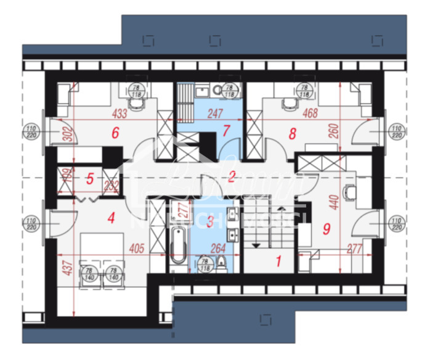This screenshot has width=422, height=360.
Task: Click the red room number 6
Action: pos(114,132)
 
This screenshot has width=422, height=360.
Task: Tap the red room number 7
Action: pos(225,131)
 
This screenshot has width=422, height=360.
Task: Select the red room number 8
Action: pos(292,132)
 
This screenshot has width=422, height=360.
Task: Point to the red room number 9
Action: pos(326,227)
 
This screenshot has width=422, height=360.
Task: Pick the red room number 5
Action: pos(90,179)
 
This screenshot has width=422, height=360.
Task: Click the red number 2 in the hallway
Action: pos(232,176)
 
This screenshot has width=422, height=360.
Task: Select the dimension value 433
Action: pos(119,114)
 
